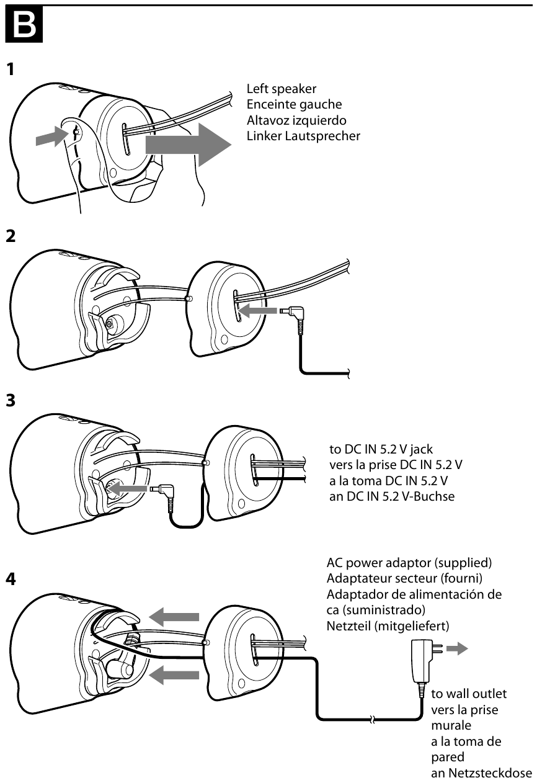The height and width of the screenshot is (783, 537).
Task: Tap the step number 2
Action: click(11, 236)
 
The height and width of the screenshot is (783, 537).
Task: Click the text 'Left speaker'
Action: click(281, 89)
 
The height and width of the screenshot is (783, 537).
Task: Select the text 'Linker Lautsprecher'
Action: click(303, 135)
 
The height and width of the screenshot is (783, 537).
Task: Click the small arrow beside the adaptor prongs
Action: click(459, 650)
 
